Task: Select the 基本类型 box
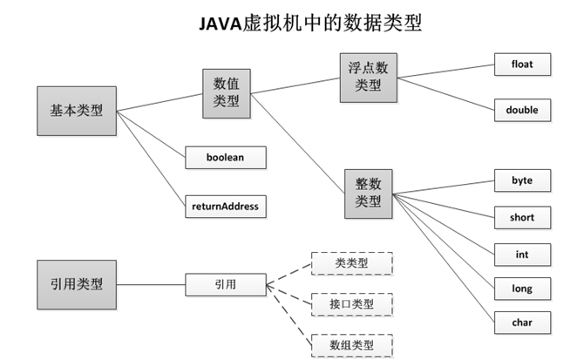click(x=76, y=111)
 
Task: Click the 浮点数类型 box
click(x=367, y=76)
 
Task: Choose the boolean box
click(x=225, y=158)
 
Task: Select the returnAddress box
click(x=225, y=207)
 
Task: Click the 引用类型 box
click(x=76, y=283)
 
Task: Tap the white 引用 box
click(x=225, y=283)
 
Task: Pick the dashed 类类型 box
click(x=351, y=263)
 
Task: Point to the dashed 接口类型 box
click(x=351, y=303)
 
